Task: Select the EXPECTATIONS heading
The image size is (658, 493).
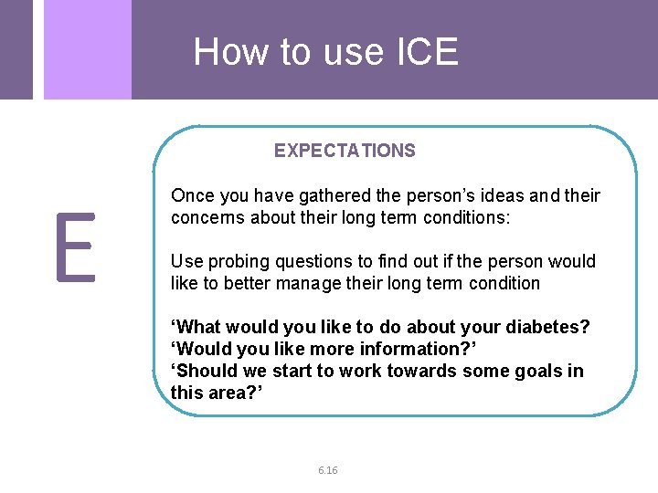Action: [345, 152]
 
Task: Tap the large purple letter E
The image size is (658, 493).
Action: [75, 247]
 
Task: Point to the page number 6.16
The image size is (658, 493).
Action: [328, 470]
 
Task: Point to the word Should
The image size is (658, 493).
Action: [205, 372]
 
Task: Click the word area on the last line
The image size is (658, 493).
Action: [228, 393]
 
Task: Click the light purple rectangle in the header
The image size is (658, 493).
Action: [87, 49]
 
